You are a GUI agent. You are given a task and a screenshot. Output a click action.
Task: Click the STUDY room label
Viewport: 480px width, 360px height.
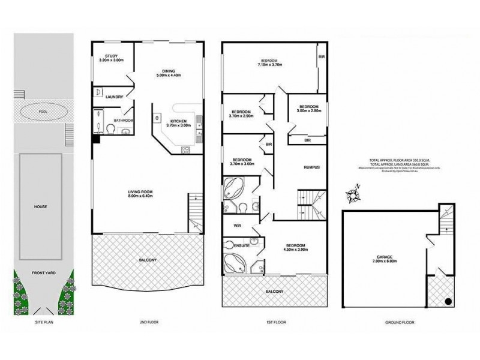(110, 58)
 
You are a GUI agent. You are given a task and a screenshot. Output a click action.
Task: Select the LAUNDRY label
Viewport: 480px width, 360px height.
(113, 97)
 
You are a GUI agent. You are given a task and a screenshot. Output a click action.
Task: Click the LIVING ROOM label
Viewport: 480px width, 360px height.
(140, 193)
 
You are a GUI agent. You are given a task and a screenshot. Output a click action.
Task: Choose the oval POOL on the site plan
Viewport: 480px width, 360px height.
(41, 111)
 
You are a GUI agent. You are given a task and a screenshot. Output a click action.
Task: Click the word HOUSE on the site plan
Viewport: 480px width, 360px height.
(41, 206)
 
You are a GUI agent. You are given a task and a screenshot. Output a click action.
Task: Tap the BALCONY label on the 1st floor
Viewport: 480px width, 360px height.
(274, 292)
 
